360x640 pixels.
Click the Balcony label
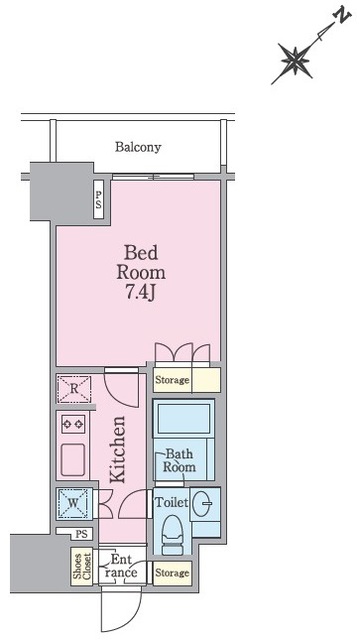point(138,147)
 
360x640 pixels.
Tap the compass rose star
point(295,61)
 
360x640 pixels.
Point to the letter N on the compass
point(342,17)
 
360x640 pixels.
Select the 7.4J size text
point(141,293)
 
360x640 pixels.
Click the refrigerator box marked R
point(73,389)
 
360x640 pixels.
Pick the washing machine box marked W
point(73,503)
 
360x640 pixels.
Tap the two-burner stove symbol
point(73,424)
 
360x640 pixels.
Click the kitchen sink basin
point(73,459)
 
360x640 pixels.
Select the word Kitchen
point(118,450)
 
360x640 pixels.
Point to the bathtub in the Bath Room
point(184,419)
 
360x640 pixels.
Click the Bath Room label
point(179,460)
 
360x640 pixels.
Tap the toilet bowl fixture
point(173,534)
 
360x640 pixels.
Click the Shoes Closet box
point(82,567)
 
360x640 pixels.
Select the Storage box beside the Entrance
point(172,573)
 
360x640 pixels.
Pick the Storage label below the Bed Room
point(172,380)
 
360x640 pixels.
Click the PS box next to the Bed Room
point(98,200)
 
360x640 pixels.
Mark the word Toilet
point(171,502)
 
